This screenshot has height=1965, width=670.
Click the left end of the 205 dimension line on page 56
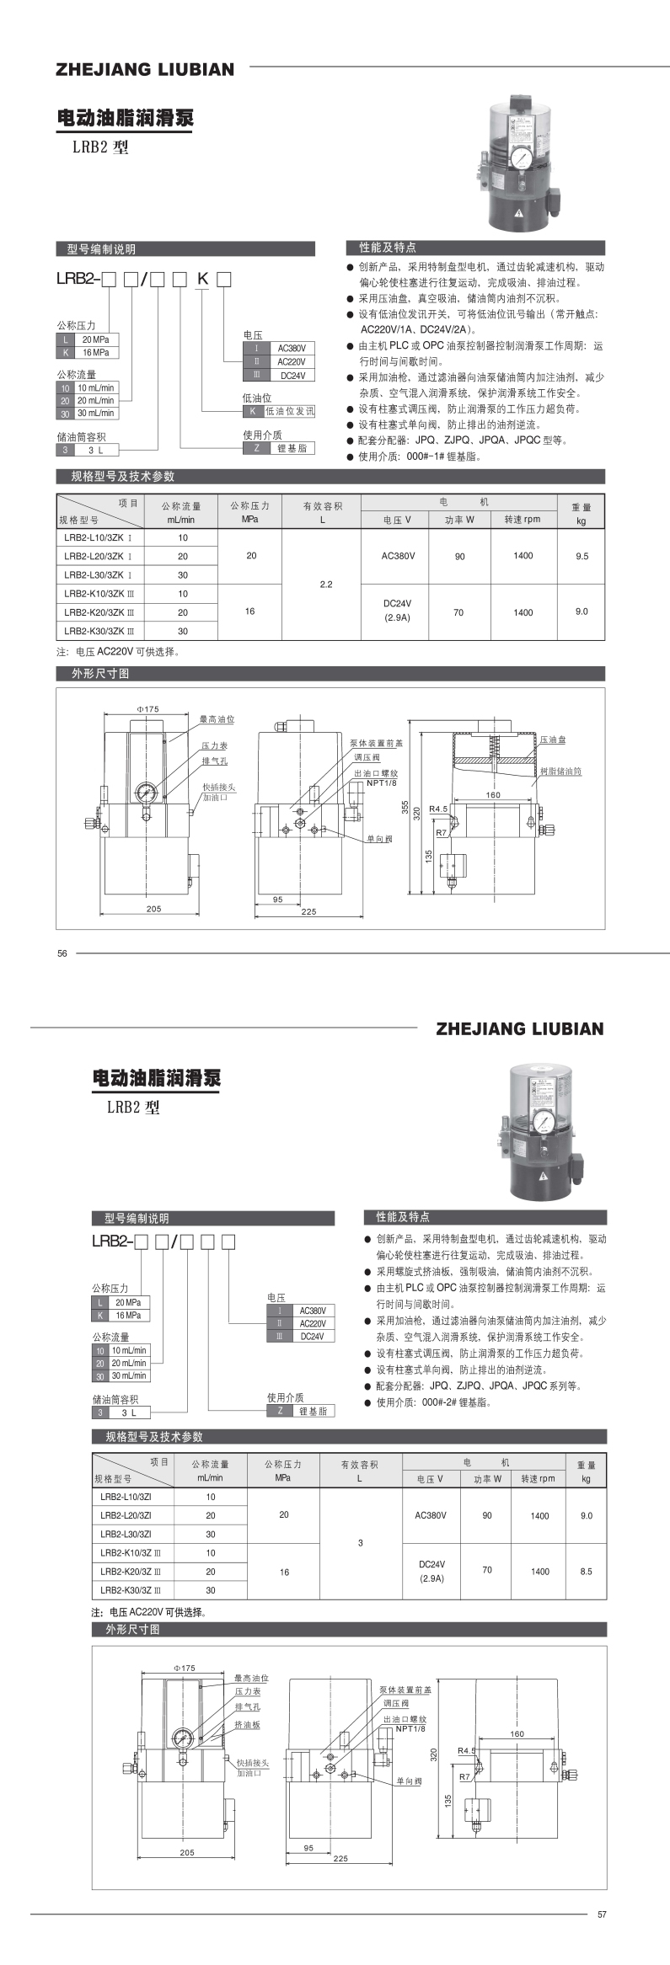click(101, 912)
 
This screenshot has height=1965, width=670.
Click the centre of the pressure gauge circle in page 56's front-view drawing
click(144, 793)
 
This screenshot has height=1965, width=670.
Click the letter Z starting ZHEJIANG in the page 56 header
click(62, 69)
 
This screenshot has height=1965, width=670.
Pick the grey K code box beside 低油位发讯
click(252, 411)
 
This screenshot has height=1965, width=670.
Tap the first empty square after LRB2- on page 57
click(142, 1241)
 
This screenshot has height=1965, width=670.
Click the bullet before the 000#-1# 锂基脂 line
click(350, 456)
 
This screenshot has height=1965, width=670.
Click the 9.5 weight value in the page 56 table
click(582, 556)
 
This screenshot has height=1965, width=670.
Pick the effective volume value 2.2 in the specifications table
click(327, 584)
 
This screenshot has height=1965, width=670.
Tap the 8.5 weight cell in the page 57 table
click(586, 1571)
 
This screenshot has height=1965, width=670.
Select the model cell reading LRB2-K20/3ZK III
click(104, 612)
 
